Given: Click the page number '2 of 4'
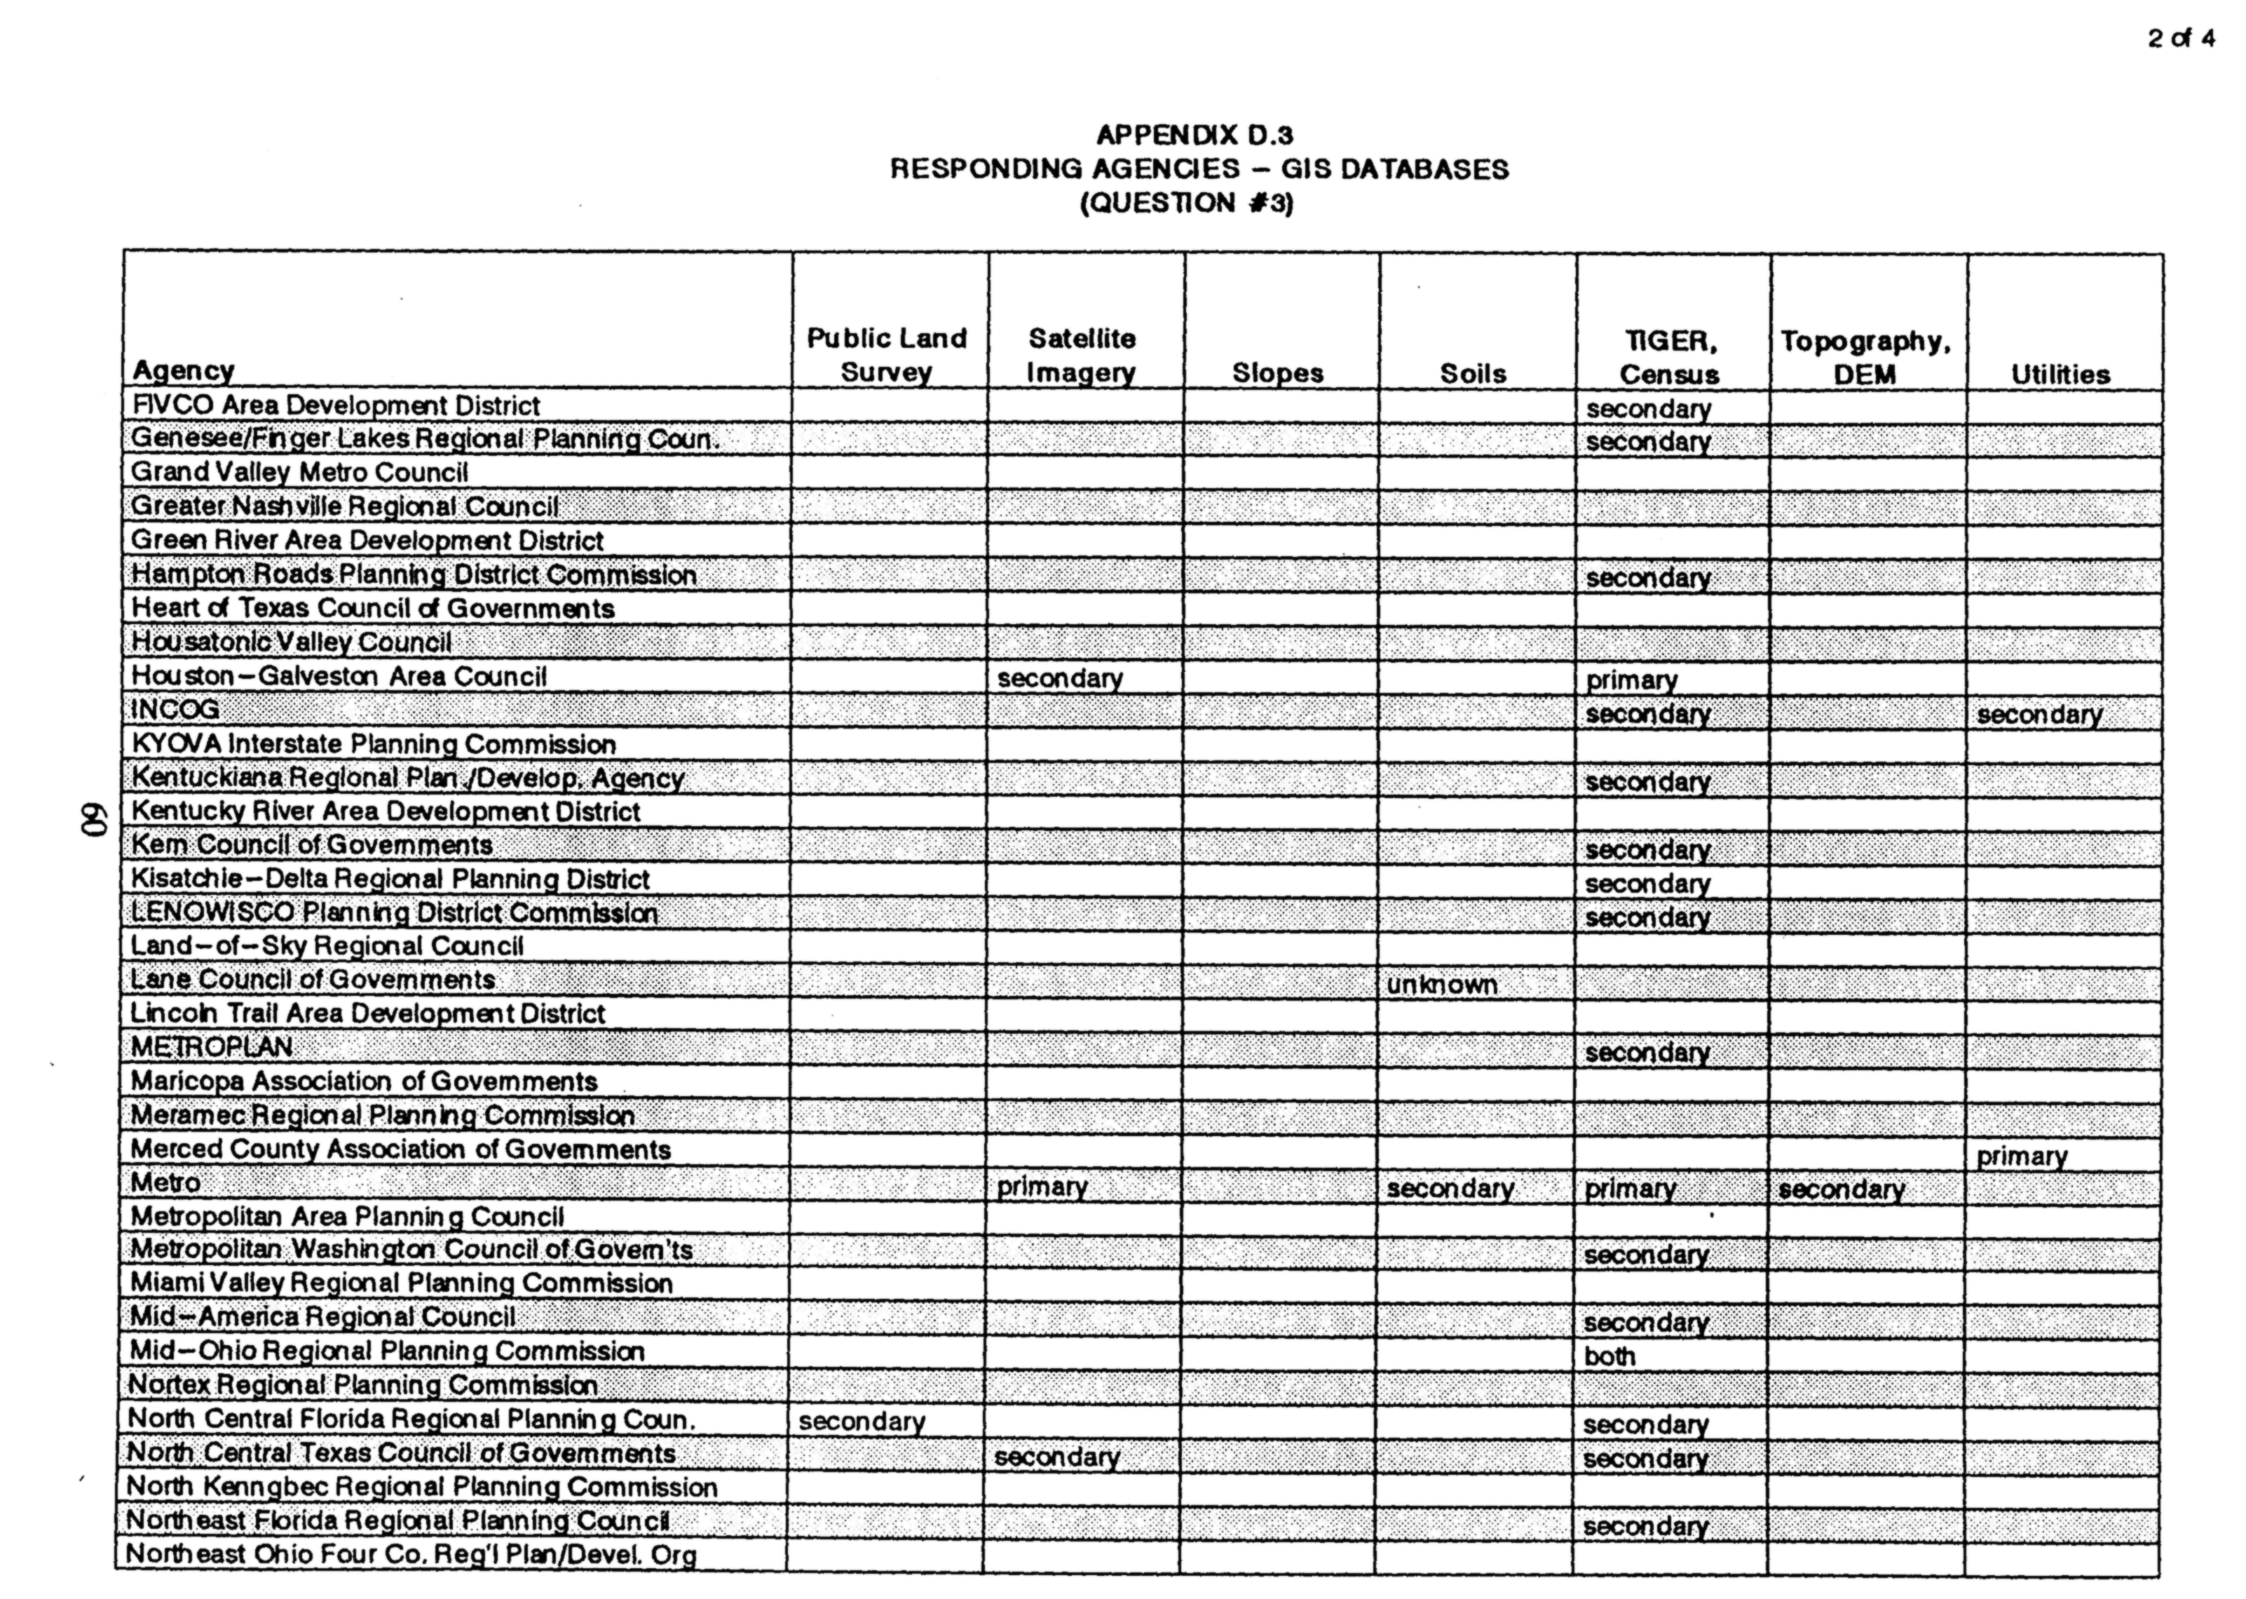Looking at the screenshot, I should click(2180, 39).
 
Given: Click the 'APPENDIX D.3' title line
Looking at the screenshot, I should click(1194, 135).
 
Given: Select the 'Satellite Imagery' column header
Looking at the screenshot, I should click(1082, 356).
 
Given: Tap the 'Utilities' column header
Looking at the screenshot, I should click(2060, 374).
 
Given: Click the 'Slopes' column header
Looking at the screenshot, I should click(1277, 373).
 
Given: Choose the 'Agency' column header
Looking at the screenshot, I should click(183, 370).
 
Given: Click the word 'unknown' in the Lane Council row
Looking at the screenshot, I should click(1442, 985).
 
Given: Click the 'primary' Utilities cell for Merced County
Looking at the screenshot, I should click(2022, 1156).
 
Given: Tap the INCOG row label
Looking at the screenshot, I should click(175, 710).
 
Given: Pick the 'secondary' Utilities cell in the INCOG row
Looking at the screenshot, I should click(2039, 715).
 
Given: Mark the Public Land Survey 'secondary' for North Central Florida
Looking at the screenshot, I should click(862, 1422).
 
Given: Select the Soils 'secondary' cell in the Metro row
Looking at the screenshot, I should click(1450, 1189).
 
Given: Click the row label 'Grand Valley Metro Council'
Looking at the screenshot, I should click(299, 473).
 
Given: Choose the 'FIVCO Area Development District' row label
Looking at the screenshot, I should click(336, 405).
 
